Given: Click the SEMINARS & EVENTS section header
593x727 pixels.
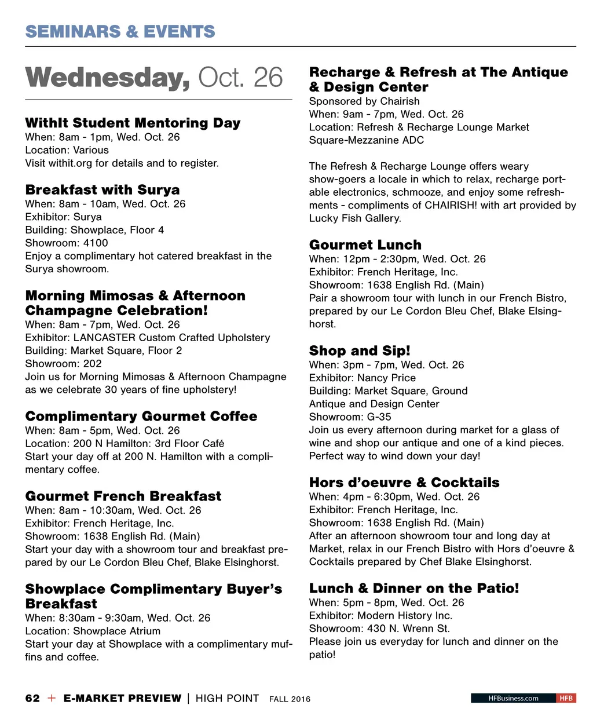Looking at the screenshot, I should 120,31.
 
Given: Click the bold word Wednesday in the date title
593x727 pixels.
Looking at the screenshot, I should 108,78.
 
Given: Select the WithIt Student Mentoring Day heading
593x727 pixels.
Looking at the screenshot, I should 133,123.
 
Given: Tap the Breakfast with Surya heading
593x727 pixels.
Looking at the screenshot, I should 103,190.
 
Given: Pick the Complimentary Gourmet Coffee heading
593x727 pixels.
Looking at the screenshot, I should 141,417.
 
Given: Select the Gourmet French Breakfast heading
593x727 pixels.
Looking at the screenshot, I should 123,496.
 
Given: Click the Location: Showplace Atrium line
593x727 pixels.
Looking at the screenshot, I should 93,631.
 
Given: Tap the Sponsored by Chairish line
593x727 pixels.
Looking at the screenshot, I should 364,101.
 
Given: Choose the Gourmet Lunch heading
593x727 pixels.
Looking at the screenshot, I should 365,245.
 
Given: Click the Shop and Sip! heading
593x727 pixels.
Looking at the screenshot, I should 360,351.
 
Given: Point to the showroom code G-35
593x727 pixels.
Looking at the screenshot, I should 379,417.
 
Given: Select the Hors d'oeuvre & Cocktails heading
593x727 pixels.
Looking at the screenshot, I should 404,483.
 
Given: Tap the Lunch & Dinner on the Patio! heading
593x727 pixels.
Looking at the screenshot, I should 414,589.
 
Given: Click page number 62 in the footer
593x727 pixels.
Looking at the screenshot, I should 32,698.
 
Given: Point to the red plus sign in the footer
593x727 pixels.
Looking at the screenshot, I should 52,698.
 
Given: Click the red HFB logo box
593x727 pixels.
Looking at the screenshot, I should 566,698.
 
